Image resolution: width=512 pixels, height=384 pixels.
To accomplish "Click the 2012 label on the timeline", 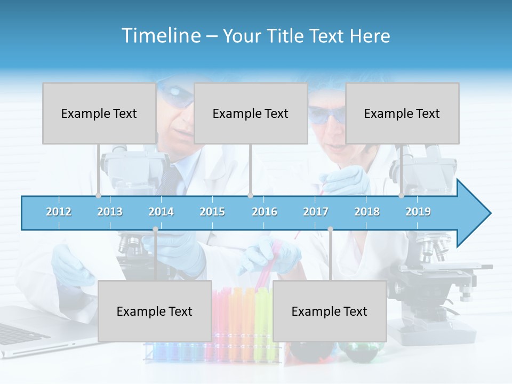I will (x=59, y=212).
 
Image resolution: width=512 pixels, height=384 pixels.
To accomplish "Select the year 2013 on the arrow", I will (x=110, y=212).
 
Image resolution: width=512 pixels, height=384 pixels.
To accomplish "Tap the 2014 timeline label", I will (x=161, y=212).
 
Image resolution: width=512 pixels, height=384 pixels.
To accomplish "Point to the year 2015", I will (x=212, y=212).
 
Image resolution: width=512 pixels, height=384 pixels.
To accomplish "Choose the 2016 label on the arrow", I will (x=265, y=212).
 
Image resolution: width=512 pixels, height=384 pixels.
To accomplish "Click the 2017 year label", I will (x=316, y=212).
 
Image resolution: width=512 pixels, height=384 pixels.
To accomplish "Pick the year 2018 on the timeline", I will (x=367, y=212).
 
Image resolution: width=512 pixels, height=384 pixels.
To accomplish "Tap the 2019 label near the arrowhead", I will (x=418, y=212).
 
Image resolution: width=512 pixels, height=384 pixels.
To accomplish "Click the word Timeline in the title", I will (x=161, y=36).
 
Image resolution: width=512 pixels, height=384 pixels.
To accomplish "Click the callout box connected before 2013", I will (x=99, y=113).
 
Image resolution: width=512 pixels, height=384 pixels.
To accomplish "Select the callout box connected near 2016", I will (x=251, y=113).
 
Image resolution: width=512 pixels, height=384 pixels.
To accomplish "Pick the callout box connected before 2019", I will (x=402, y=113).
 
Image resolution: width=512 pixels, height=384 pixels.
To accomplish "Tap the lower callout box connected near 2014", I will (x=155, y=311).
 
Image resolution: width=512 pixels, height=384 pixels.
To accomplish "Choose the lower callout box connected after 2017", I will (x=330, y=311).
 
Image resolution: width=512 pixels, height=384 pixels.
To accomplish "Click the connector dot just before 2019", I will (x=401, y=196).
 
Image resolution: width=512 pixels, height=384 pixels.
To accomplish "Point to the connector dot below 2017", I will (x=330, y=229).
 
